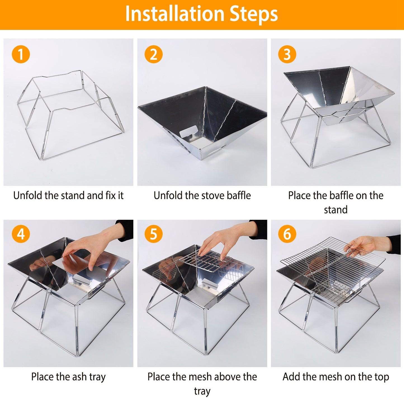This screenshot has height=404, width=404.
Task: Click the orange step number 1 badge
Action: pyautogui.click(x=21, y=54)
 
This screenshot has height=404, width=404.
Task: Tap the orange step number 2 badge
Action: pyautogui.click(x=153, y=54)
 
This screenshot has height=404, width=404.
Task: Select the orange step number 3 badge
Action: pyautogui.click(x=287, y=54)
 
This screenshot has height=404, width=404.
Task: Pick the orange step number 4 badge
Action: pyautogui.click(x=21, y=234)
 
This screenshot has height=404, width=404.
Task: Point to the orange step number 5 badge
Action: pyautogui.click(x=153, y=234)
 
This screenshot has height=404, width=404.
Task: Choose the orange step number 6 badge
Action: pyautogui.click(x=287, y=234)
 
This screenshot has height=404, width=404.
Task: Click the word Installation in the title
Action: pyautogui.click(x=175, y=14)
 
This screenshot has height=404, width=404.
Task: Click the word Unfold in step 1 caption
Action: pyautogui.click(x=28, y=195)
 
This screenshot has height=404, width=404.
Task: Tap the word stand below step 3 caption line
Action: pyautogui.click(x=336, y=209)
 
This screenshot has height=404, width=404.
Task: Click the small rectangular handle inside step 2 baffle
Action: pyautogui.click(x=188, y=132)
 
